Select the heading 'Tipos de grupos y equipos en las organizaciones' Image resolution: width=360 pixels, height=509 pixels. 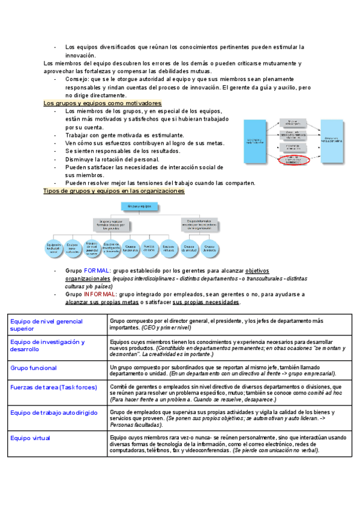point(114,191)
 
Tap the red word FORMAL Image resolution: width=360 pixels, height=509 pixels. point(97,271)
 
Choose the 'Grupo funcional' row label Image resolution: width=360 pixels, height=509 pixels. point(34,367)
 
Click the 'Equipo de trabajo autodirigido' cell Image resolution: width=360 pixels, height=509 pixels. point(53,413)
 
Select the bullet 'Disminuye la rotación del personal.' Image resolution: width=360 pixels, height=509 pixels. point(112,160)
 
